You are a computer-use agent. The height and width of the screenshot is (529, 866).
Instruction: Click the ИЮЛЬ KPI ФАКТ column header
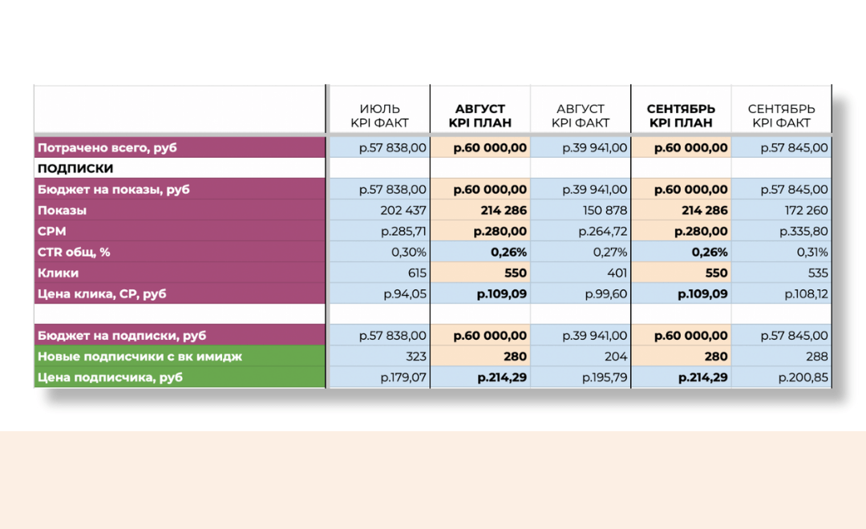(x=379, y=116)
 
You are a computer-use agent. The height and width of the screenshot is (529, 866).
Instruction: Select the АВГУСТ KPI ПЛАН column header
(x=480, y=116)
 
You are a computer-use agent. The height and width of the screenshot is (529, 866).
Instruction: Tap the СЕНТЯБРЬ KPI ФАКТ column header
(x=781, y=116)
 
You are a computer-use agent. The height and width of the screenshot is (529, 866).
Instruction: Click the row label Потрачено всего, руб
(x=107, y=147)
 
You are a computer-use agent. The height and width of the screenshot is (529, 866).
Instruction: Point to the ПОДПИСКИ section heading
(x=75, y=168)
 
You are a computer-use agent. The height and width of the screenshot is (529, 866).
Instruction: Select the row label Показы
(x=62, y=211)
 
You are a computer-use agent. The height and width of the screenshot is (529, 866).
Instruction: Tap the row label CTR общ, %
(x=75, y=252)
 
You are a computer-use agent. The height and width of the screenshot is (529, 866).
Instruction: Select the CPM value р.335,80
(x=803, y=232)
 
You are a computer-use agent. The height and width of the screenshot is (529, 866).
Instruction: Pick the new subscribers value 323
(x=415, y=357)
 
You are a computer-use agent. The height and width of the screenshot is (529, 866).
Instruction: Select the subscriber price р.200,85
(x=803, y=378)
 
